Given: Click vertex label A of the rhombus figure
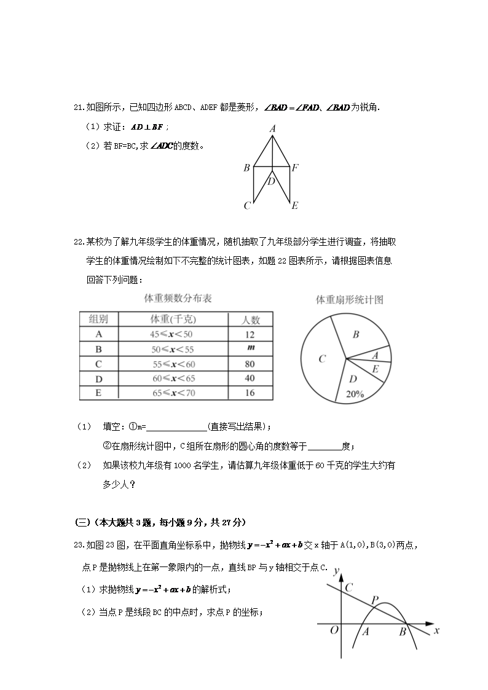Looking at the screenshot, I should click(x=272, y=128).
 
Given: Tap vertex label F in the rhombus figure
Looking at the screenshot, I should click(x=295, y=167).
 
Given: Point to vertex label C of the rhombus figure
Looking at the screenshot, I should click(x=247, y=206).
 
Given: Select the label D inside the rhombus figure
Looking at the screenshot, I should click(x=271, y=181).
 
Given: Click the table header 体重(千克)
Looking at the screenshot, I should click(x=173, y=319).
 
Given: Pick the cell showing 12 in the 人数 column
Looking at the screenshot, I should click(x=250, y=335).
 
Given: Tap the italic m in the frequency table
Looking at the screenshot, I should click(x=250, y=348).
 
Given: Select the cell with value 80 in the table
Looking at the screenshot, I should click(x=250, y=364).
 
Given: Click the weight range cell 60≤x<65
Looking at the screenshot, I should click(x=173, y=378).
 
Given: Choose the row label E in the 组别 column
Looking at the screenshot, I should click(x=98, y=393).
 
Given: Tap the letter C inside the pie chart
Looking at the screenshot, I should click(x=321, y=359).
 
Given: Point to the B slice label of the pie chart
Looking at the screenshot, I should click(x=355, y=335).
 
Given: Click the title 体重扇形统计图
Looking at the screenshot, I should click(x=349, y=300).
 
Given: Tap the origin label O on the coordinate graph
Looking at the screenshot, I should click(x=334, y=631).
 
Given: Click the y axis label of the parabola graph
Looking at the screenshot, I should click(x=336, y=571).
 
